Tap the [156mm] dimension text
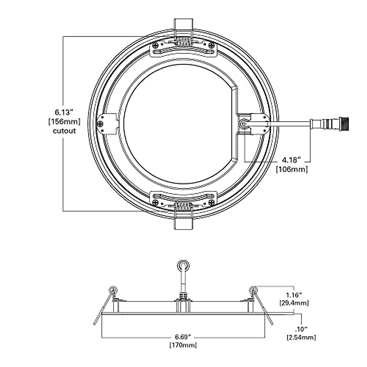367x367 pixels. pyautogui.click(x=64, y=122)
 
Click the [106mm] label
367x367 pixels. pyautogui.click(x=292, y=169)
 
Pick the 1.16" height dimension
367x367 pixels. pyautogui.click(x=294, y=295)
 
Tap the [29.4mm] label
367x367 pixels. pyautogui.click(x=294, y=303)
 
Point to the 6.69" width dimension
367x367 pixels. pyautogui.click(x=183, y=337)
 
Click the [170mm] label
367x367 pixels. pyautogui.click(x=183, y=345)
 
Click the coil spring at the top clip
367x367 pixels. pyautogui.click(x=183, y=42)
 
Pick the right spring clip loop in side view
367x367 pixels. pyautogui.click(x=254, y=289)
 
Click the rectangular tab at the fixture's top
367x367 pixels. pyautogui.click(x=183, y=25)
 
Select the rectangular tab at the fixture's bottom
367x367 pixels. pyautogui.click(x=183, y=223)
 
